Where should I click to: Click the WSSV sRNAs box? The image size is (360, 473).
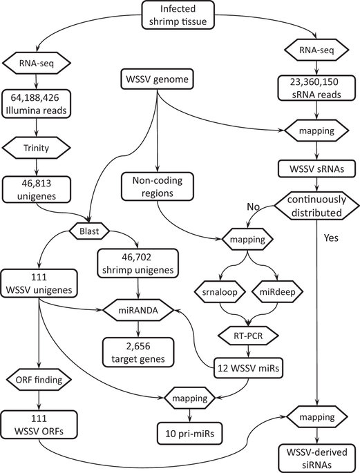click(316, 168)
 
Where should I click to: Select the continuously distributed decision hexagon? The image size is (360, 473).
click(316, 205)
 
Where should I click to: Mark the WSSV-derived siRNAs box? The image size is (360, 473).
click(316, 456)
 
